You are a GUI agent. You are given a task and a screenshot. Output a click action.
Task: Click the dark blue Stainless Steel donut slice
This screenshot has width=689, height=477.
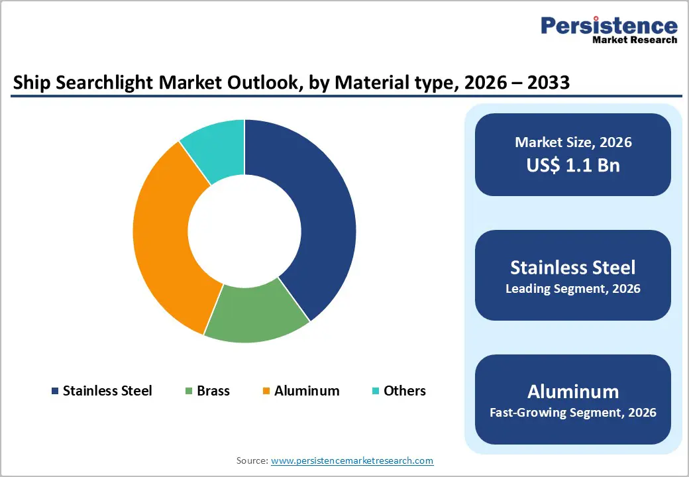[x=311, y=219]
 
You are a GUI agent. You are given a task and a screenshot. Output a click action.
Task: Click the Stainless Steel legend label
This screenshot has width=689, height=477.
[x=107, y=391]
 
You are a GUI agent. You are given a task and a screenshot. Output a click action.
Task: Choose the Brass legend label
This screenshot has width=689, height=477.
[x=213, y=391]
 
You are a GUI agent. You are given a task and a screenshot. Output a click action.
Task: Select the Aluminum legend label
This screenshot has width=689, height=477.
[x=307, y=391]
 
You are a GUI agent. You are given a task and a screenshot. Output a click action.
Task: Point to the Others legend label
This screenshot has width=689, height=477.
[x=405, y=391]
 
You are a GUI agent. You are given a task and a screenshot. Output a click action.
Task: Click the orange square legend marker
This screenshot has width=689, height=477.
[x=266, y=392]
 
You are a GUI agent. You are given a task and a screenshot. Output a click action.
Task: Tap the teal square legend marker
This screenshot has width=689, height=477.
[x=375, y=392]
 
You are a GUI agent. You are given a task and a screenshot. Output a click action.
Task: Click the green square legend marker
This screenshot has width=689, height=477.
[x=189, y=392]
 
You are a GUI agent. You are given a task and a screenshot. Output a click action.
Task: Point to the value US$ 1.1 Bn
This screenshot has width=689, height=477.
[x=573, y=165]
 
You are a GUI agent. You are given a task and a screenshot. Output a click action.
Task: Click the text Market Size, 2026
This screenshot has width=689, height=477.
[x=573, y=142]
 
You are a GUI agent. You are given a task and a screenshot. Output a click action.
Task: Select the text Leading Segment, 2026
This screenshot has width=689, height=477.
[x=573, y=289]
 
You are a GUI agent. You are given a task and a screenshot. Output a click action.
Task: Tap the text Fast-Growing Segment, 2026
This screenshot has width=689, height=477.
[x=573, y=413]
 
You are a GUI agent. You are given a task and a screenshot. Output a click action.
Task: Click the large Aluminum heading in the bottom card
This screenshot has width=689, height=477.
[x=573, y=391]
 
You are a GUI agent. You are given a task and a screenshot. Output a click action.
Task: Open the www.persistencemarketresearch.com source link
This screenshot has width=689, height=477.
[x=352, y=460]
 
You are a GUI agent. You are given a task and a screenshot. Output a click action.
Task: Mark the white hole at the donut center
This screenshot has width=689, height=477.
[x=244, y=231]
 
